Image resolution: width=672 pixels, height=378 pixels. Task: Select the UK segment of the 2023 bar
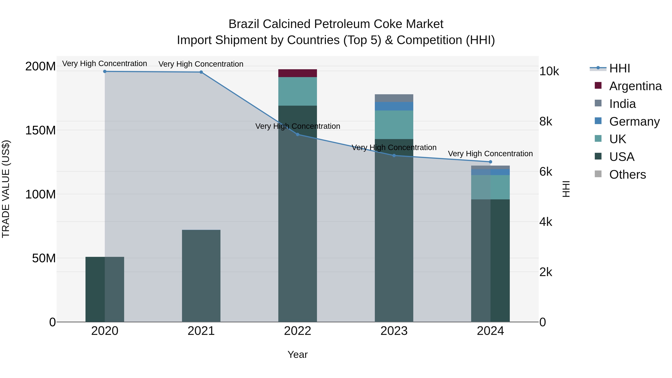394,125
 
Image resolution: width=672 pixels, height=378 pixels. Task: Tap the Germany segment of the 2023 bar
394,106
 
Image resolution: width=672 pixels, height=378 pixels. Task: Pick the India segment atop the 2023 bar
394,98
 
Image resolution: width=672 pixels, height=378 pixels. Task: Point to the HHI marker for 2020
105,71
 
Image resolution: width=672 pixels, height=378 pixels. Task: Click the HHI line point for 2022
298,134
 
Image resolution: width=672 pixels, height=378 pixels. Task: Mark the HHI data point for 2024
490,162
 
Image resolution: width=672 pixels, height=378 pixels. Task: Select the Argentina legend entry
635,86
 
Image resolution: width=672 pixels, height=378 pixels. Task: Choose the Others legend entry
627,175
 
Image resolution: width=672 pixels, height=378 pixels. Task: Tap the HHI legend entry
619,68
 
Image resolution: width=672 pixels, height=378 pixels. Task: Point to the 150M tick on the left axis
41,130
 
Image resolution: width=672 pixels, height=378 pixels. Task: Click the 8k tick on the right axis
546,122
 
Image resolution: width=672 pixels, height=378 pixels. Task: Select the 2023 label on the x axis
394,331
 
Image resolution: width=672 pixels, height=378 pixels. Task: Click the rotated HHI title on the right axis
566,189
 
